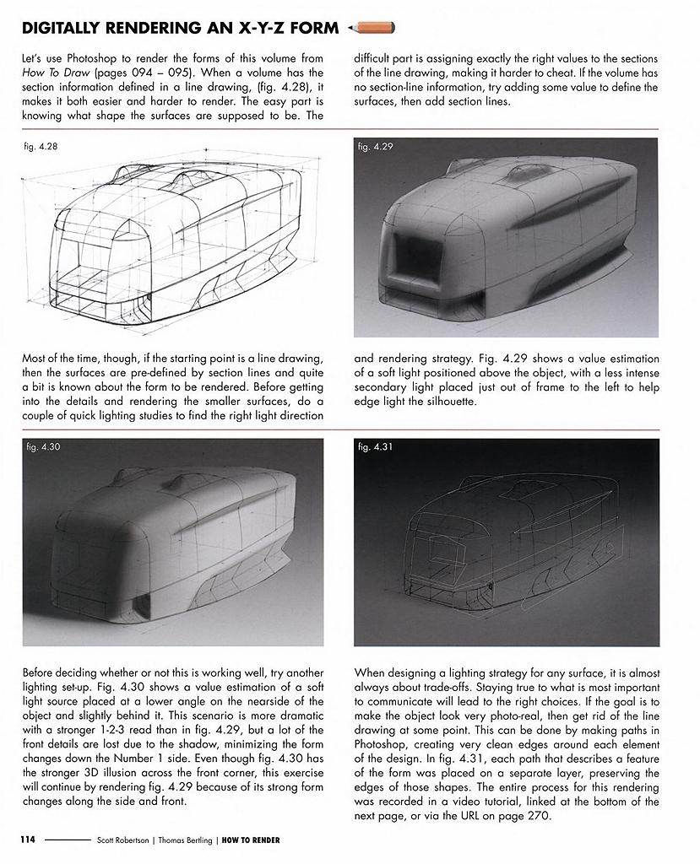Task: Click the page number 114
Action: tap(29, 840)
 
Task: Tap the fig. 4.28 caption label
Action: tap(41, 147)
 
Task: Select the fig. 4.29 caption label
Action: tap(375, 147)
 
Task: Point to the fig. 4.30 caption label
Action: tap(42, 446)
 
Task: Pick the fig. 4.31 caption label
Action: tap(375, 446)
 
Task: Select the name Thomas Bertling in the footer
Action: tap(187, 840)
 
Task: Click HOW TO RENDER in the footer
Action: tap(251, 840)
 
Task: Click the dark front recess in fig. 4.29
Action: tap(411, 249)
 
